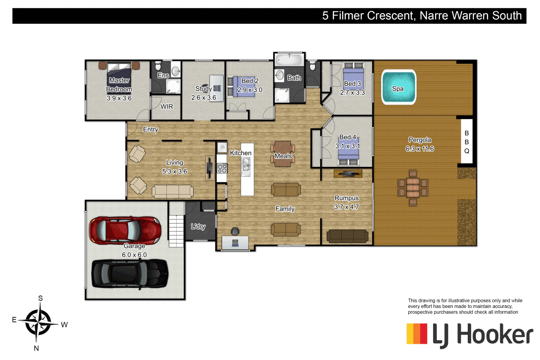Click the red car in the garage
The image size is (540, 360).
[x=125, y=231]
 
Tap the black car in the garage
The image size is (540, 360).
[x=130, y=274]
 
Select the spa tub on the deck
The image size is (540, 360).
[x=398, y=88]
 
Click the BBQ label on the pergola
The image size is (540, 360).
[x=467, y=142]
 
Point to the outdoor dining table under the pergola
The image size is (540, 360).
[x=413, y=188]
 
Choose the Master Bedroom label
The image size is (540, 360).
[x=119, y=85]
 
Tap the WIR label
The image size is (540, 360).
[x=167, y=107]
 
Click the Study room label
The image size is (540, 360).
[x=203, y=89]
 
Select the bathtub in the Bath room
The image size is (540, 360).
[x=289, y=59]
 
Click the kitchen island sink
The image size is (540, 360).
[x=246, y=166]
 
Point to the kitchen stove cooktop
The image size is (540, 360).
[x=222, y=168]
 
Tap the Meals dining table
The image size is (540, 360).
[x=283, y=154]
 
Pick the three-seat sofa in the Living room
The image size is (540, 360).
[x=172, y=192]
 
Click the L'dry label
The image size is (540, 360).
[x=198, y=226]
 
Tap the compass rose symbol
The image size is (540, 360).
[x=38, y=322]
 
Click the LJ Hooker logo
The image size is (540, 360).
[x=470, y=335]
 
